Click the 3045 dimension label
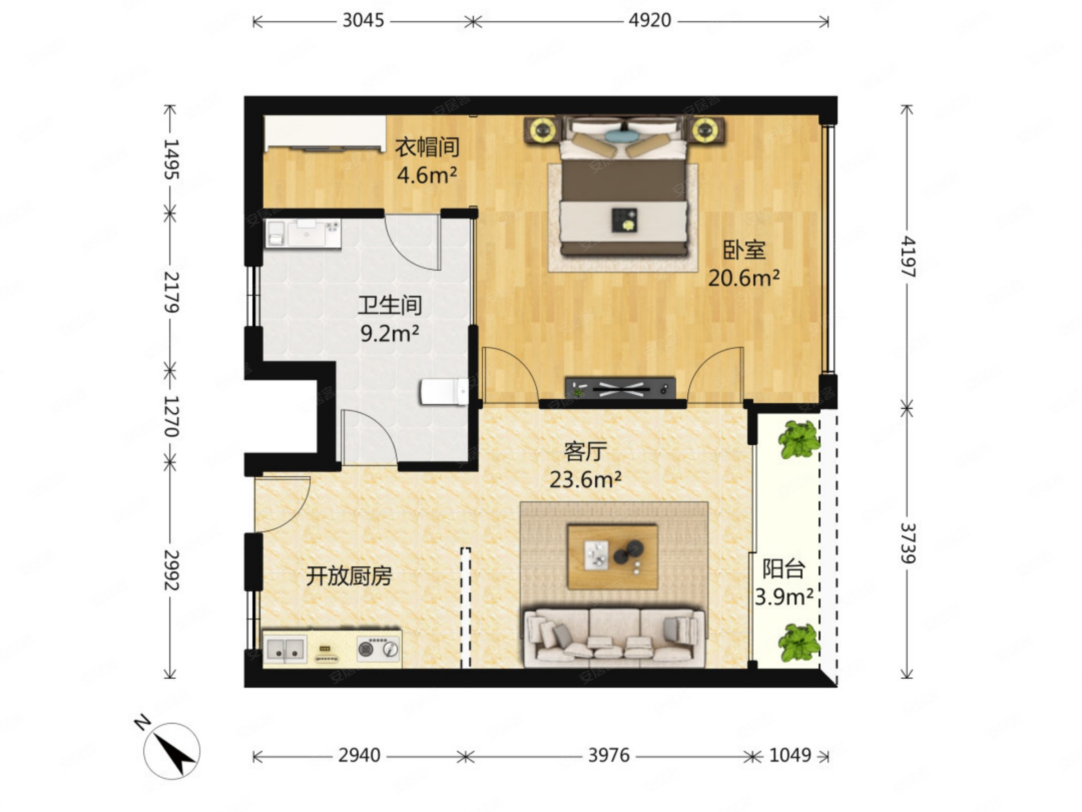363,21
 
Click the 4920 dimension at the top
650,21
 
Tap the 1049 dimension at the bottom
790,755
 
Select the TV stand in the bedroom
620,388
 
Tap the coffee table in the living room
612,557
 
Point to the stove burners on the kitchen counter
378,649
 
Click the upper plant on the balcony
799,439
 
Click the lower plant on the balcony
799,643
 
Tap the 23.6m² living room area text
585,480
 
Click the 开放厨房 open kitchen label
349,576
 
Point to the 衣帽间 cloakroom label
427,147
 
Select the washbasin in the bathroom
307,232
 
